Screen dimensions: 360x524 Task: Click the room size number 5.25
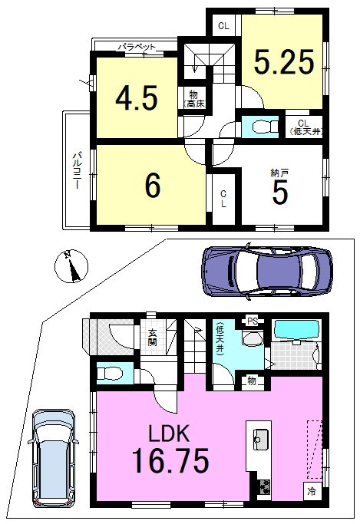coord(284,62)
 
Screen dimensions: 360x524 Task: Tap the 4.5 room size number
coord(137,98)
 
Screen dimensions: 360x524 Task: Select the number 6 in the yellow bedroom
coord(153,186)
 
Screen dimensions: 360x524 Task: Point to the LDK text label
coord(169,433)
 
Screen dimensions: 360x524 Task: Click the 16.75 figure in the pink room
coord(170,460)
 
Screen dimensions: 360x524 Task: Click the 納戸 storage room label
coord(279,173)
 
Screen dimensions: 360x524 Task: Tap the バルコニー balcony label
coord(78,170)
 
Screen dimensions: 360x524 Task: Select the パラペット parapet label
coord(137,47)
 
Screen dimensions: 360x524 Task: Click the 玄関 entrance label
coord(153,338)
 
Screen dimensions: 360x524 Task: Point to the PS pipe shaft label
coord(253,321)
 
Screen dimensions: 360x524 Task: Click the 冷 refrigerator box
coord(312,491)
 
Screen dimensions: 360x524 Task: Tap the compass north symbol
coord(71,267)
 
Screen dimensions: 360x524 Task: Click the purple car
coord(267,270)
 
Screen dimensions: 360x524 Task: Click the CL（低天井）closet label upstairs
coord(303,127)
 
